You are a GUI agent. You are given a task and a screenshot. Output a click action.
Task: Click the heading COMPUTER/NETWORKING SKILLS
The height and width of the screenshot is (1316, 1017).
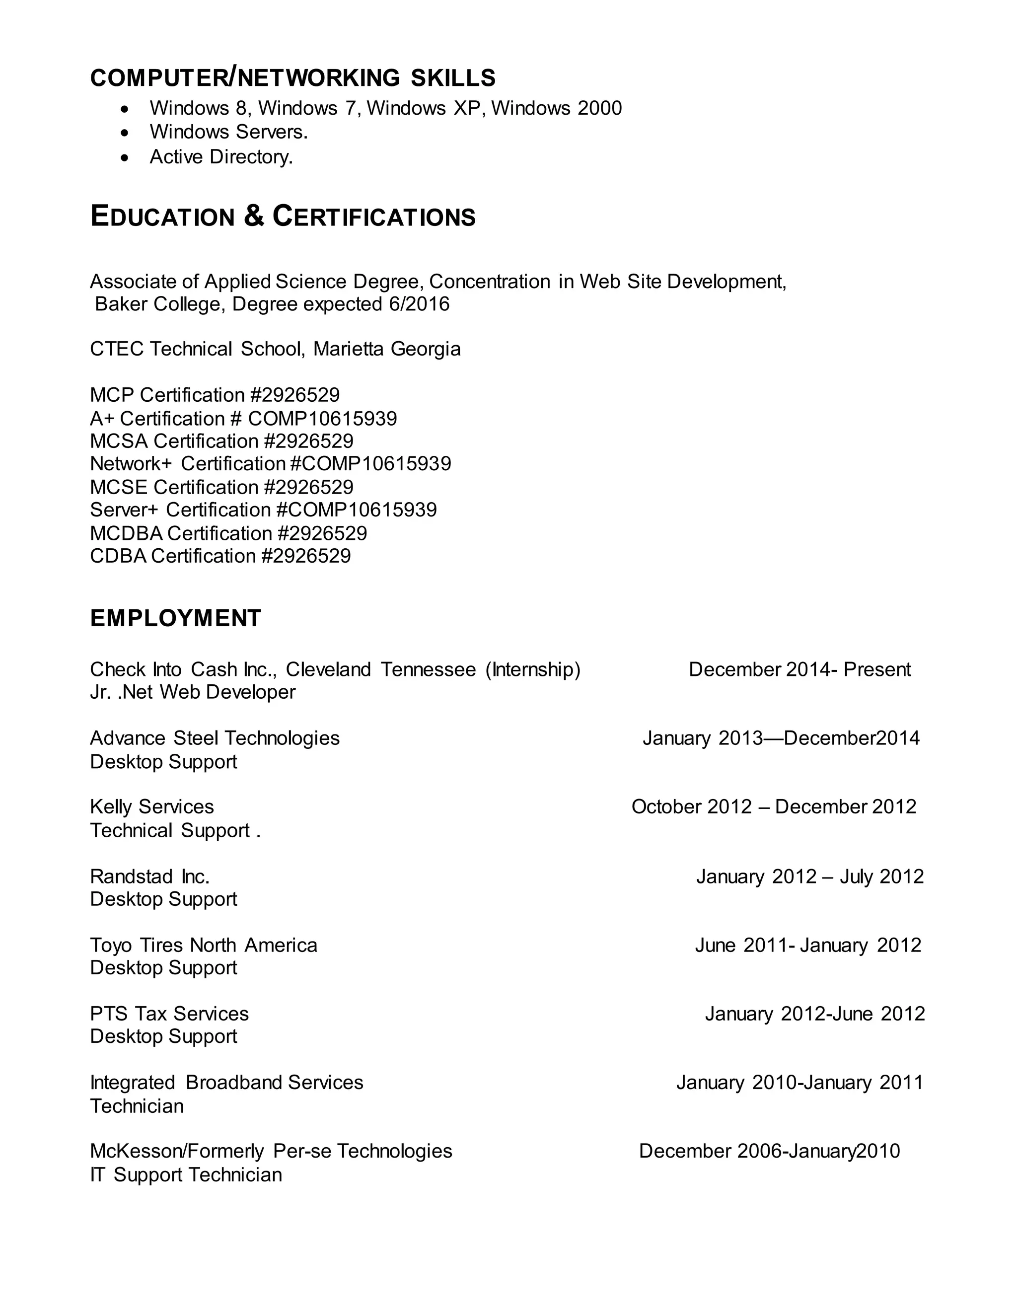point(293,78)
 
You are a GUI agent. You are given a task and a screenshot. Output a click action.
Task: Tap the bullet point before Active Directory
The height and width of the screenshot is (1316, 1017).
point(125,158)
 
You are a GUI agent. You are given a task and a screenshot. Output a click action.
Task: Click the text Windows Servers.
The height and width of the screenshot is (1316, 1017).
point(228,132)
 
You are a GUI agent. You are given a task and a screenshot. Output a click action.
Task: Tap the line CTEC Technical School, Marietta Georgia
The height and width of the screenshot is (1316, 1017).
point(275,349)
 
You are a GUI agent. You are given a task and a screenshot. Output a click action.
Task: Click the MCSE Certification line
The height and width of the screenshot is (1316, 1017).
point(221,487)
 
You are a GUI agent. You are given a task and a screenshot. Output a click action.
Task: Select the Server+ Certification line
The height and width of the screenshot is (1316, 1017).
point(263,510)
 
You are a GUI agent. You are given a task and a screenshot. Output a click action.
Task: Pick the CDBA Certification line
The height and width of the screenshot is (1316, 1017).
point(220,556)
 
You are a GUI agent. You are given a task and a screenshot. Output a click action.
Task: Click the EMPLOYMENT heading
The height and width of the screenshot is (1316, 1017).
point(176,619)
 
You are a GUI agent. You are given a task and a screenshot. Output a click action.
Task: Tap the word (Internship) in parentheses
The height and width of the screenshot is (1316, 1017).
point(533,669)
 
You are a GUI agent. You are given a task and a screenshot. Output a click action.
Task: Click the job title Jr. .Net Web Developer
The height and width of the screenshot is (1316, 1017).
point(193,692)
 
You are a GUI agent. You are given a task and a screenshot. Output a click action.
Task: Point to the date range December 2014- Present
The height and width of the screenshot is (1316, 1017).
point(799,669)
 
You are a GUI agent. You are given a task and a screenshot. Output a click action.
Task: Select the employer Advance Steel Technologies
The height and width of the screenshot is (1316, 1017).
point(215,738)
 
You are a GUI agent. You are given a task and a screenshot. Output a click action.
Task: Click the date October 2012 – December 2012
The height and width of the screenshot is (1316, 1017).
point(774,807)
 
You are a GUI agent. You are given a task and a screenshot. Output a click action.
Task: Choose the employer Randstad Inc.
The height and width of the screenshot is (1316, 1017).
point(150,876)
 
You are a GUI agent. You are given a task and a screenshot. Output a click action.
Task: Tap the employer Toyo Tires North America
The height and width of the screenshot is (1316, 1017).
point(204,945)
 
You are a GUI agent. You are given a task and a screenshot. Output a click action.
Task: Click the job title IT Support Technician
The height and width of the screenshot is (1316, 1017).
point(186,1174)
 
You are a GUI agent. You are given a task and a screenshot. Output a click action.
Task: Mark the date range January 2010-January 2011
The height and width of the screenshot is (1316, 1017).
point(799,1082)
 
